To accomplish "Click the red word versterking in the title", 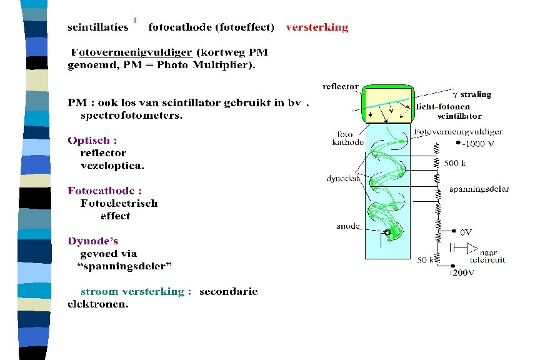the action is click(317, 27).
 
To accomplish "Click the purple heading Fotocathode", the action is click(104, 191).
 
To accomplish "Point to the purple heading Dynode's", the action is click(92, 241).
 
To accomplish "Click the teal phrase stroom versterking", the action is click(136, 291).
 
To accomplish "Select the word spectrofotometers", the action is click(131, 115).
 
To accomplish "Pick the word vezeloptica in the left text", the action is click(112, 166).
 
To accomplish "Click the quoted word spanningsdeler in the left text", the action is click(124, 266).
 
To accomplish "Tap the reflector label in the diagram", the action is click(341, 86).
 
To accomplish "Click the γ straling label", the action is click(472, 94).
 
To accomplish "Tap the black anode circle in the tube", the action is click(387, 232).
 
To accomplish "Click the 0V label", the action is click(466, 231).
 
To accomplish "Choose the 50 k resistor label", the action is click(426, 260).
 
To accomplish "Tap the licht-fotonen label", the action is click(441, 106).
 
